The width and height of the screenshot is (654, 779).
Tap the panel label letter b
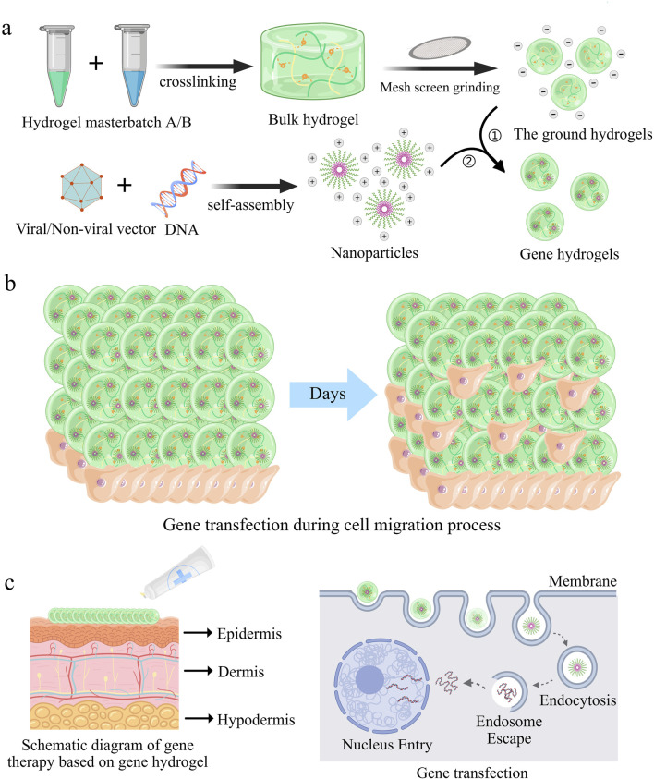(x=11, y=282)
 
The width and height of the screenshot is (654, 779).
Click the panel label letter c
(x=11, y=585)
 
